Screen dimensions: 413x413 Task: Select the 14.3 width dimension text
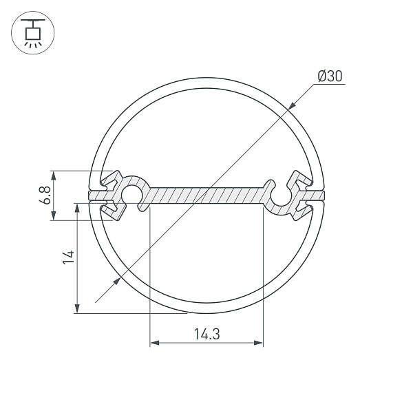[206, 335]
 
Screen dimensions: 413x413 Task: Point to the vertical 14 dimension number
[67, 257]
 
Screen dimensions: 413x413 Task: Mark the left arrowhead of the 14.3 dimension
[154, 342]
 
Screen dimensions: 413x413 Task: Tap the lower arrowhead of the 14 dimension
[77, 309]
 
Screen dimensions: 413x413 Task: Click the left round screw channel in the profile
[131, 195]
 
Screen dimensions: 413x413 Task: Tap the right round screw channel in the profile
[282, 195]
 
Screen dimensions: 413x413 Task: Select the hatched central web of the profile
[206, 195]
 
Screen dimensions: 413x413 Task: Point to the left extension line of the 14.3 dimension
[149, 275]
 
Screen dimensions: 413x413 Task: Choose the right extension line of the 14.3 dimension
[264, 275]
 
